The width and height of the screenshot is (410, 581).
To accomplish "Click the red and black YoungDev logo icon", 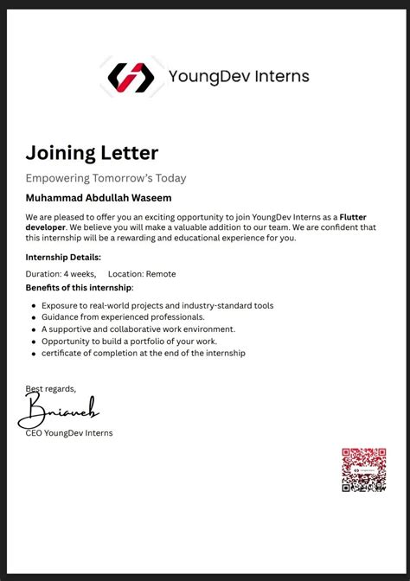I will pos(131,77).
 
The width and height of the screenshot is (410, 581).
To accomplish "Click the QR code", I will pos(363,469).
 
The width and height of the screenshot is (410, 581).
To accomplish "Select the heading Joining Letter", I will pos(92,153).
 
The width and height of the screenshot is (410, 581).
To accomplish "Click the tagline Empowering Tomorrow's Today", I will pos(106,178).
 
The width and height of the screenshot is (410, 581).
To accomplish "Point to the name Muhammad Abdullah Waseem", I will pos(99,198).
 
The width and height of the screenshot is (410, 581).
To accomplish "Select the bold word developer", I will pos(46,227).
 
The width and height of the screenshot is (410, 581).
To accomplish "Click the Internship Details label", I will pos(63,257).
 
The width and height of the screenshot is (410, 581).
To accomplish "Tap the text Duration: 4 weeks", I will pos(61,274).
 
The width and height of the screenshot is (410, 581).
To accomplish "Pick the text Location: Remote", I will pos(142,274).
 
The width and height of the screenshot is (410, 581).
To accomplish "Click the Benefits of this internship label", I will pos(80,287).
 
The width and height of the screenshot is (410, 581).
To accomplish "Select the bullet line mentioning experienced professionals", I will pos(123,317).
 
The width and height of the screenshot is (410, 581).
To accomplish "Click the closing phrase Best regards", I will pos(51,388).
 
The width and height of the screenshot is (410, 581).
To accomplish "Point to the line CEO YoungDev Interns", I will pos(69,433).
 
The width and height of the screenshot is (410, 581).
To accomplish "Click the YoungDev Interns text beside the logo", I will pos(239,76).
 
